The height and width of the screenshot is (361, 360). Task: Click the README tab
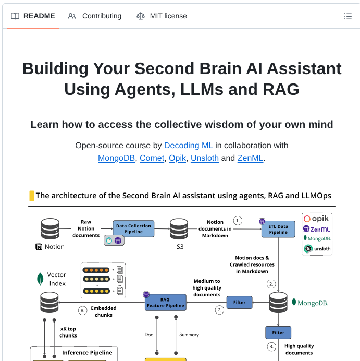[32, 16]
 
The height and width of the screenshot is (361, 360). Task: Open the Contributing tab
[95, 16]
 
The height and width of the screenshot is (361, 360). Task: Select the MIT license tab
[162, 16]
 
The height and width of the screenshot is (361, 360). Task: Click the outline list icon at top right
[348, 16]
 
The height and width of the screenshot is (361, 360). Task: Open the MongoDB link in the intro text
[117, 158]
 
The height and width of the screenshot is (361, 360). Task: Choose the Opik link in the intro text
[177, 158]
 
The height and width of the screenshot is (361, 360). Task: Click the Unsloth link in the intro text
[204, 158]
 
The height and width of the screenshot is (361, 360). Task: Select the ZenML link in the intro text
[250, 158]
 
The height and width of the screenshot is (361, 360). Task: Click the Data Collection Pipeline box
[133, 228]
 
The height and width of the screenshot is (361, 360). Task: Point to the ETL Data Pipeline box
[278, 228]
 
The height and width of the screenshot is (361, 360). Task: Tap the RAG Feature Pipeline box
[165, 302]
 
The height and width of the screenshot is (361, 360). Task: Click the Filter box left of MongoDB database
[239, 302]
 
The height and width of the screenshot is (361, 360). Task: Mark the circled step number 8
[82, 310]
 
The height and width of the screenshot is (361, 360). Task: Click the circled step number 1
[238, 221]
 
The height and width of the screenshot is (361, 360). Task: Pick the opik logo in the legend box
[317, 219]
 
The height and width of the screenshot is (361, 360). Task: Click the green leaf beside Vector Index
[40, 279]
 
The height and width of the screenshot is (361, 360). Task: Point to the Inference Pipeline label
[87, 353]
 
